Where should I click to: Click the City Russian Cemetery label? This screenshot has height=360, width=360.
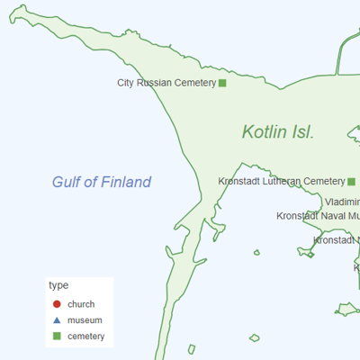tap(166, 83)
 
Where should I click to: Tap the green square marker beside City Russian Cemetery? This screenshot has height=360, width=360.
tap(222, 83)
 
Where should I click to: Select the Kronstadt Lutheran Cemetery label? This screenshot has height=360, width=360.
tap(282, 181)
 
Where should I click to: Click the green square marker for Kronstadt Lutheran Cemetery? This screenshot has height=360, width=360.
tap(351, 181)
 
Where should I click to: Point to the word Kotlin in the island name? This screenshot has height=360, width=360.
tap(265, 132)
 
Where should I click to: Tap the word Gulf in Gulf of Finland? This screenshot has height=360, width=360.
tap(68, 183)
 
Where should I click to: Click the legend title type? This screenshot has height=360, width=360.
tap(58, 285)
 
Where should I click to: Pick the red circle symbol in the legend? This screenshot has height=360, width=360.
tap(57, 304)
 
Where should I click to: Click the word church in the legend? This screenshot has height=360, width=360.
tap(81, 304)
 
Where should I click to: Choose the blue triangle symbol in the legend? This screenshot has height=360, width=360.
tap(57, 320)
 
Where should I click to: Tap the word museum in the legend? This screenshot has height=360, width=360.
tap(85, 320)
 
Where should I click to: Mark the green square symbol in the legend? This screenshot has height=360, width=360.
tap(57, 337)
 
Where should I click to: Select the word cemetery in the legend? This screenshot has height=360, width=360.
tap(86, 337)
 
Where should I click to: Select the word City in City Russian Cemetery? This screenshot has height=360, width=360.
tap(126, 83)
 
